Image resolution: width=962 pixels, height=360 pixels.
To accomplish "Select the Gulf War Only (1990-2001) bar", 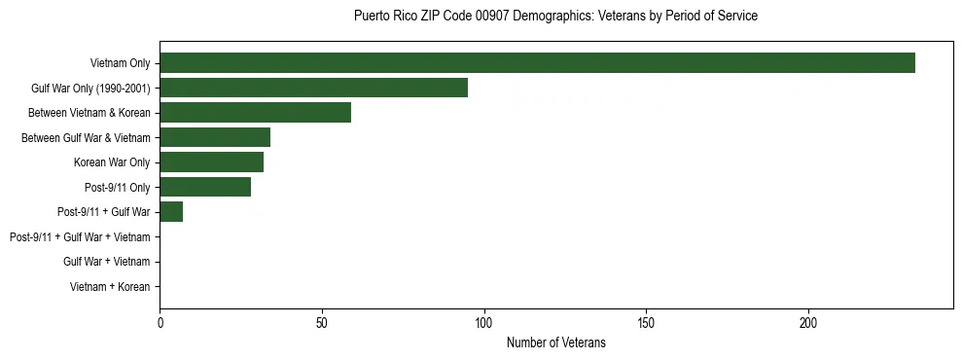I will (x=313, y=88).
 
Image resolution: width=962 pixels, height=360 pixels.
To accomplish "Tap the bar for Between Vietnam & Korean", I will (x=255, y=113).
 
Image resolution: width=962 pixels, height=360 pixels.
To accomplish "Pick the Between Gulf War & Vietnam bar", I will (x=215, y=137).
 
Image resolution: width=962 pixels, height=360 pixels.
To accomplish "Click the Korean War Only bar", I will (x=211, y=162).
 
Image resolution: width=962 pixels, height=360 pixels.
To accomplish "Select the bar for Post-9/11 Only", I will (x=205, y=187).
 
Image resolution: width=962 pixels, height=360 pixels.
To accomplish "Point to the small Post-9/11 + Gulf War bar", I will (x=171, y=212).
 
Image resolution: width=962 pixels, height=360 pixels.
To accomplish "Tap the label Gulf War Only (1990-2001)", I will (x=90, y=89).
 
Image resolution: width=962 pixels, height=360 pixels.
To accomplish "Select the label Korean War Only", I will (x=112, y=162).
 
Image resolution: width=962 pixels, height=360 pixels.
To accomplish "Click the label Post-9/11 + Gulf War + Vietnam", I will (x=80, y=237).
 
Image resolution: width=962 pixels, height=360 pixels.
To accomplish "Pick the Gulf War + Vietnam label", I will (x=107, y=262).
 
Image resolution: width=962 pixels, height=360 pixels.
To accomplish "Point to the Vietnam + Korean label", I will (x=110, y=287).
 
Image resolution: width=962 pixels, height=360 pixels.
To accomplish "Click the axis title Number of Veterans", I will (x=555, y=342).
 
